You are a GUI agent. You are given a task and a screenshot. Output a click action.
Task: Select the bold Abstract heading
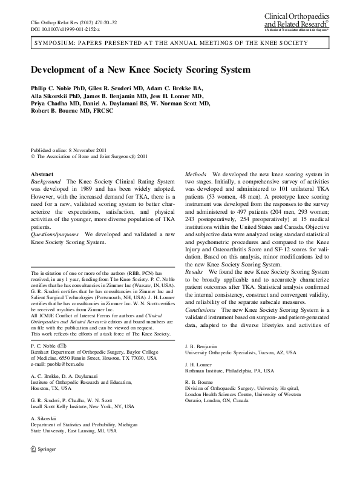click(x=42, y=174)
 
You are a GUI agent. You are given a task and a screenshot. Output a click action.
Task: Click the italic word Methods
click(x=196, y=174)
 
